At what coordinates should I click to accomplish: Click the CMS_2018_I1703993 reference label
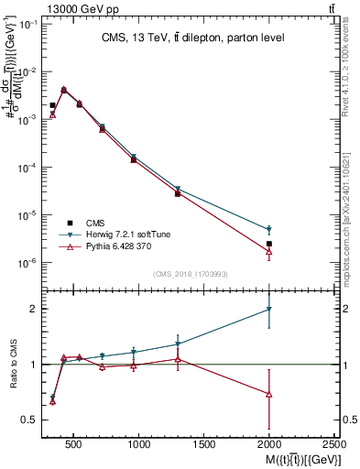(x=191, y=273)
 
